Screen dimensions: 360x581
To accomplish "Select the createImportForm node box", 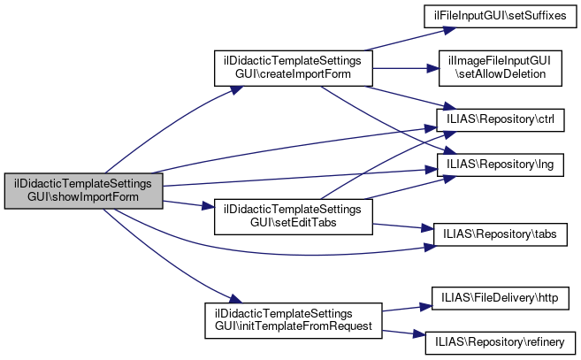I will click(x=294, y=69).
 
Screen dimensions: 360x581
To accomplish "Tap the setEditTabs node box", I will click(x=294, y=215).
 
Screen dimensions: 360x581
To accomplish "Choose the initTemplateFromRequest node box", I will click(x=293, y=320).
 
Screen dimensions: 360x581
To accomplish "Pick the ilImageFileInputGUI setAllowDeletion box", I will click(x=501, y=68).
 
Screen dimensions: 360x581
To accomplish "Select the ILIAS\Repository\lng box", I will click(x=501, y=165).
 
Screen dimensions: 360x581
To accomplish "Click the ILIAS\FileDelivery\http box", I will click(x=501, y=296).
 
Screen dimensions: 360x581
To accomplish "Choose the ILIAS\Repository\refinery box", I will click(x=501, y=340).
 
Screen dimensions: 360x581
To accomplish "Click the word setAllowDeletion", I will click(x=501, y=75).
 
